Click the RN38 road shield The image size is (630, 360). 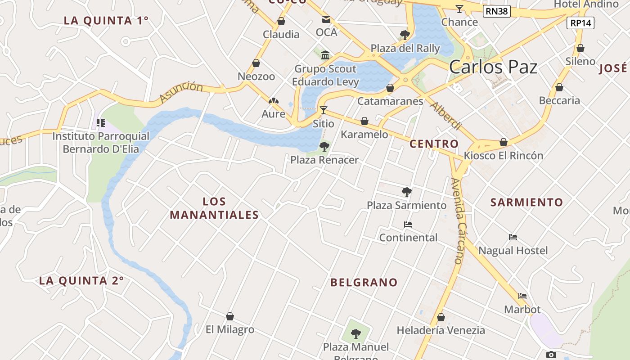(x=497, y=11)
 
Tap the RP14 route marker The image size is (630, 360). (x=581, y=23)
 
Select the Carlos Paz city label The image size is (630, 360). (x=493, y=67)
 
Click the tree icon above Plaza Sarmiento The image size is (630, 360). (x=407, y=192)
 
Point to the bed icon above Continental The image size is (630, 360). (x=408, y=224)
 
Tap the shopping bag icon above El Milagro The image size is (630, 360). (x=230, y=316)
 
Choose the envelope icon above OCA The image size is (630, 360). (x=326, y=19)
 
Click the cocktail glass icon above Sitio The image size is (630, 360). (x=323, y=110)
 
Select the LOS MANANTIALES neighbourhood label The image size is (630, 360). (x=214, y=208)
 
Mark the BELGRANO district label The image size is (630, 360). (x=364, y=283)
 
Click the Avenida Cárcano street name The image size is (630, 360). (x=457, y=220)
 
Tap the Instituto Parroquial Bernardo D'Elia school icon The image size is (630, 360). (x=101, y=122)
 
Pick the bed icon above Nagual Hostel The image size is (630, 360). (x=513, y=237)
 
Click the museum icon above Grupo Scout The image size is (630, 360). (x=325, y=55)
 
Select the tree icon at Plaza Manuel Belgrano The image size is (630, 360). (x=355, y=334)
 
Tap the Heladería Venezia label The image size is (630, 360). (x=441, y=330)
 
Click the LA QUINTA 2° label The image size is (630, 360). (x=81, y=281)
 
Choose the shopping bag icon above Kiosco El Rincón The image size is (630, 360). (x=504, y=142)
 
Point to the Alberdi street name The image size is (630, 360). (x=445, y=116)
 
